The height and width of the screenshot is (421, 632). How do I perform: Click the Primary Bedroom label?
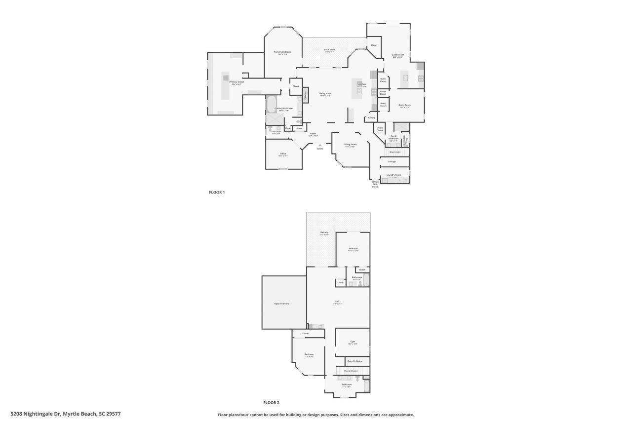(x=283, y=52)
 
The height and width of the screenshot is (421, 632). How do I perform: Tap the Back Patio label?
(x=329, y=49)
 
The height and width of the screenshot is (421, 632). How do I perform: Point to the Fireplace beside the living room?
(x=305, y=95)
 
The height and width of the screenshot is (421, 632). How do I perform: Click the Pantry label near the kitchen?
(x=371, y=117)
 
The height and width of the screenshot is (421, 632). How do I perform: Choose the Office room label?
(x=283, y=153)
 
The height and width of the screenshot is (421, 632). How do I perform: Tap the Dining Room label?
(x=350, y=145)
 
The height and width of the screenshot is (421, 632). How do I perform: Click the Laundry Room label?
(x=395, y=175)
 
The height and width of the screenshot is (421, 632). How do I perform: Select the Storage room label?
(x=392, y=161)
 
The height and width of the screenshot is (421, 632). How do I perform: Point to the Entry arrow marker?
(x=320, y=145)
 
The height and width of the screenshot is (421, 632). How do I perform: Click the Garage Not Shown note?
(x=375, y=184)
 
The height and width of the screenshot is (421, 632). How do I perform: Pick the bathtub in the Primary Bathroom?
(x=271, y=104)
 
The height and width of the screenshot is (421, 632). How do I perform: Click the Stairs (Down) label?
(x=351, y=371)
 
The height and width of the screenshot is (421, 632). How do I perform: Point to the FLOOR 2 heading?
(x=271, y=402)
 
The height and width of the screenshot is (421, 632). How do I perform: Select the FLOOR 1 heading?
(x=217, y=192)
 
